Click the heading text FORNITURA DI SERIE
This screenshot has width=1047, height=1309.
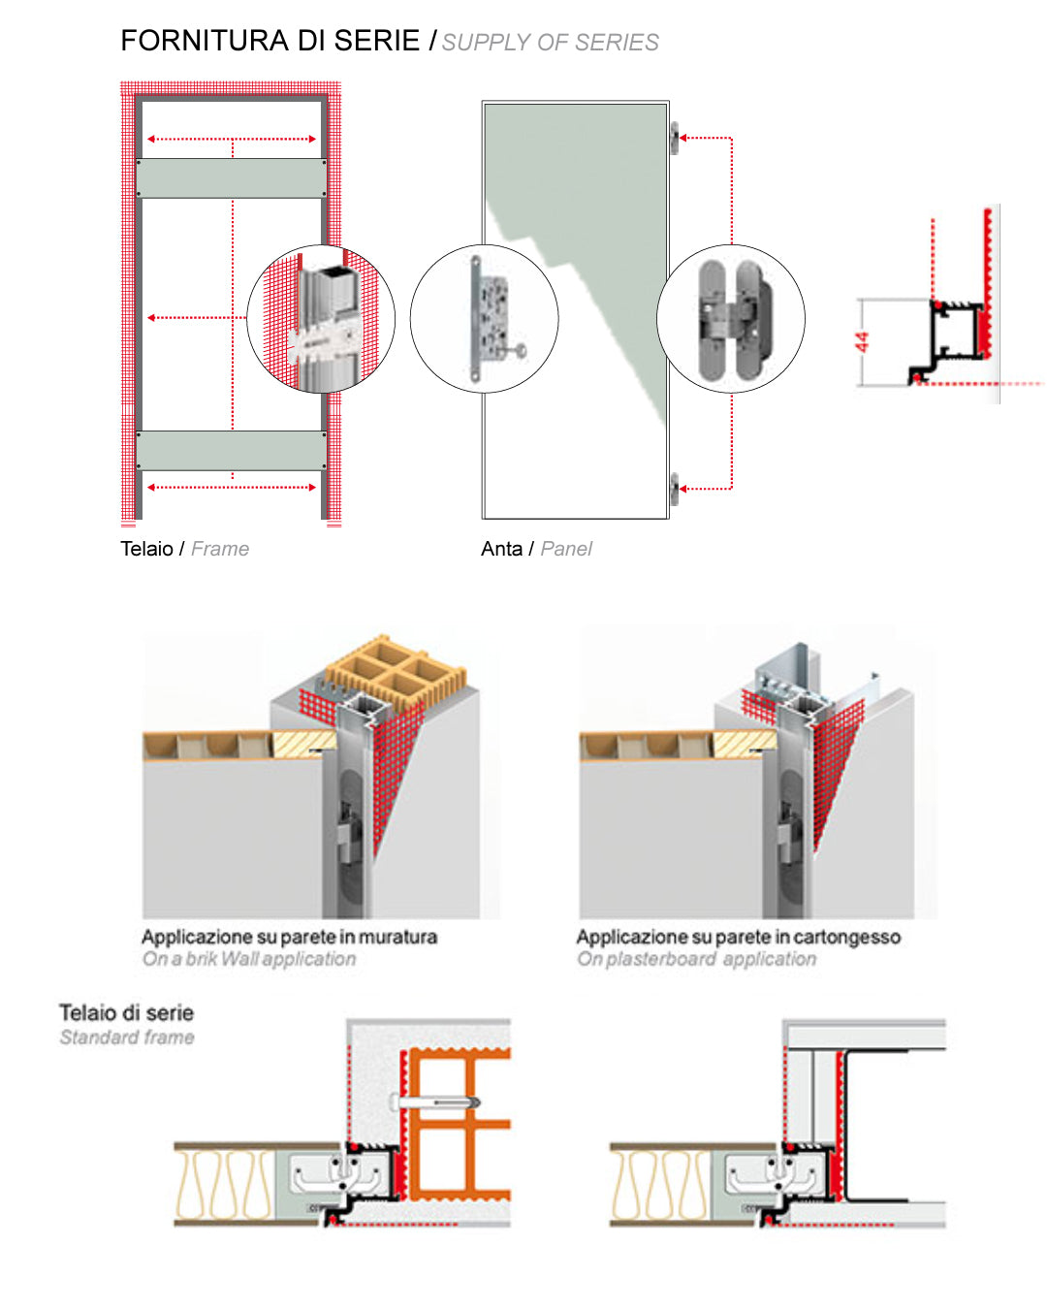pyautogui.click(x=270, y=41)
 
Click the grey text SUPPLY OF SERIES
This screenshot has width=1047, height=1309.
pyautogui.click(x=550, y=43)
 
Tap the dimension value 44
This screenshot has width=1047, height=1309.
pyautogui.click(x=862, y=342)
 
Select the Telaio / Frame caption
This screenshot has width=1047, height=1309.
pyautogui.click(x=184, y=549)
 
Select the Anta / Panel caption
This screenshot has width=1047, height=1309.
pyautogui.click(x=536, y=549)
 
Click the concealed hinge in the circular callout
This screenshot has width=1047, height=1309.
pyautogui.click(x=731, y=318)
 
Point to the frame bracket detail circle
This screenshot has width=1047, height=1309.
pyautogui.click(x=321, y=318)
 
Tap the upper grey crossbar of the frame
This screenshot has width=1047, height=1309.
pyautogui.click(x=232, y=177)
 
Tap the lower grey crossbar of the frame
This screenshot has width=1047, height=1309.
pyautogui.click(x=232, y=450)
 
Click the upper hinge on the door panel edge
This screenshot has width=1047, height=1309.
pyautogui.click(x=675, y=138)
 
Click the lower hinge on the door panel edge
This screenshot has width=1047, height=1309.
pyautogui.click(x=675, y=488)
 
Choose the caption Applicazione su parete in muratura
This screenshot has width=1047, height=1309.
pyautogui.click(x=289, y=937)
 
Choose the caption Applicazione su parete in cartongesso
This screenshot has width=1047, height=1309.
pyautogui.click(x=739, y=937)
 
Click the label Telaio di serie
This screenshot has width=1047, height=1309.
pyautogui.click(x=126, y=1012)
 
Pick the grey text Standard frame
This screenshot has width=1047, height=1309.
pyautogui.click(x=126, y=1038)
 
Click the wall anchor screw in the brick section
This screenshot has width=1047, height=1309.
pyautogui.click(x=433, y=1102)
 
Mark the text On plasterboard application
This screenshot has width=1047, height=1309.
pyautogui.click(x=696, y=959)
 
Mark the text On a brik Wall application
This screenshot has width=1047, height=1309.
pyautogui.click(x=249, y=959)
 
